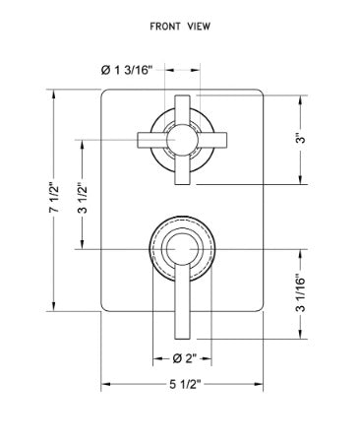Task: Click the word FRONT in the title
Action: pos(164,27)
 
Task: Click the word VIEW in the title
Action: pos(199,27)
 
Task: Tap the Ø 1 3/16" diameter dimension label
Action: pos(127,70)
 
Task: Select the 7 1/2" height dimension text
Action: pos(55,197)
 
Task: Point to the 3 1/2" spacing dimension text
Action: pos(83,198)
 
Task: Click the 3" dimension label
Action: pos(301,138)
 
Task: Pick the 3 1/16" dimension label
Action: pos(300,293)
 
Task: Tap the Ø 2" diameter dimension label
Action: pos(184,358)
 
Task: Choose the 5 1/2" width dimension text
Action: pos(185,384)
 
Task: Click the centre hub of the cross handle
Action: pos(182,140)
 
